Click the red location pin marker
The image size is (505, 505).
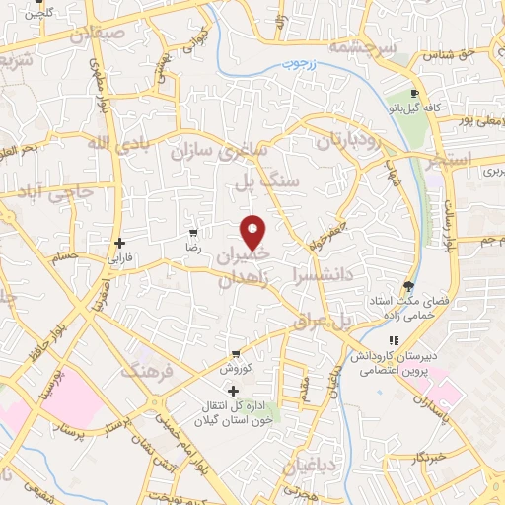tap(253, 232)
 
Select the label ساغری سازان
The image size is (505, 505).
tap(221, 152)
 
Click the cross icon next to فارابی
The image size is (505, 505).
tap(119, 243)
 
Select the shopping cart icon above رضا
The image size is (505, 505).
tap(193, 235)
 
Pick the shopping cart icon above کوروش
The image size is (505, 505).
tap(235, 353)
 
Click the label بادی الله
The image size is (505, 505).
tap(80, 144)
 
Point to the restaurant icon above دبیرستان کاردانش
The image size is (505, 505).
tap(395, 342)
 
